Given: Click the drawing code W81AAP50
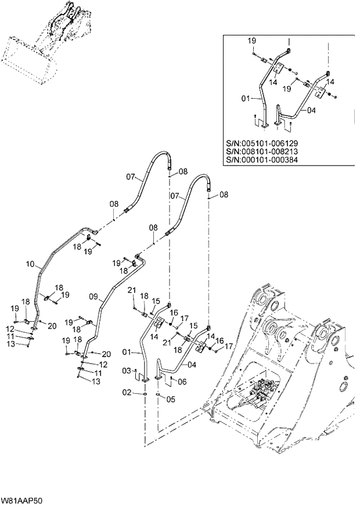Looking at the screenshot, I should pyautogui.click(x=21, y=500).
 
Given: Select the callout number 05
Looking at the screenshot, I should pyautogui.click(x=171, y=399).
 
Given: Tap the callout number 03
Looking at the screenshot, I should pyautogui.click(x=127, y=370).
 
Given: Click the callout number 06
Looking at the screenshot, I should pyautogui.click(x=181, y=382).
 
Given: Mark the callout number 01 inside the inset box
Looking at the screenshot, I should pyautogui.click(x=247, y=99).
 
